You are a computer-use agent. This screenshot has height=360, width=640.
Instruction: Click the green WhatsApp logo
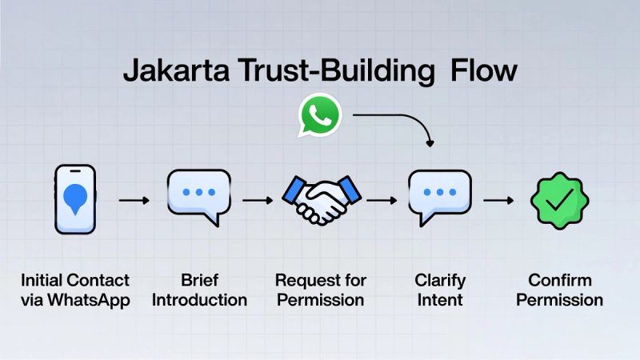(x=320, y=117)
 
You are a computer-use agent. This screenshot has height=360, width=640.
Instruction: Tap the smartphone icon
(x=75, y=199)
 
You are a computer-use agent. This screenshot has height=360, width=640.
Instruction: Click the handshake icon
(x=320, y=199)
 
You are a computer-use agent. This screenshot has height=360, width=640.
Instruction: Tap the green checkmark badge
(x=559, y=199)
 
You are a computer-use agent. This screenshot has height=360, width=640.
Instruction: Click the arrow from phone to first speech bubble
(x=135, y=200)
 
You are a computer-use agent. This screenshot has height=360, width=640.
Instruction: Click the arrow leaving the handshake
(x=382, y=200)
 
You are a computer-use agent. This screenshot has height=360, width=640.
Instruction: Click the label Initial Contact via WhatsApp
(x=75, y=290)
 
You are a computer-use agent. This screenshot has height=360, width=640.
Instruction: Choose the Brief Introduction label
(x=199, y=290)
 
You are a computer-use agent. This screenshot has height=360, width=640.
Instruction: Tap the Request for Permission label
(x=320, y=290)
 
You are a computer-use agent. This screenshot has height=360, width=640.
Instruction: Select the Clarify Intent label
(x=439, y=290)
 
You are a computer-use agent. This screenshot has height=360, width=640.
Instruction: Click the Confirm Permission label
(x=559, y=290)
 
